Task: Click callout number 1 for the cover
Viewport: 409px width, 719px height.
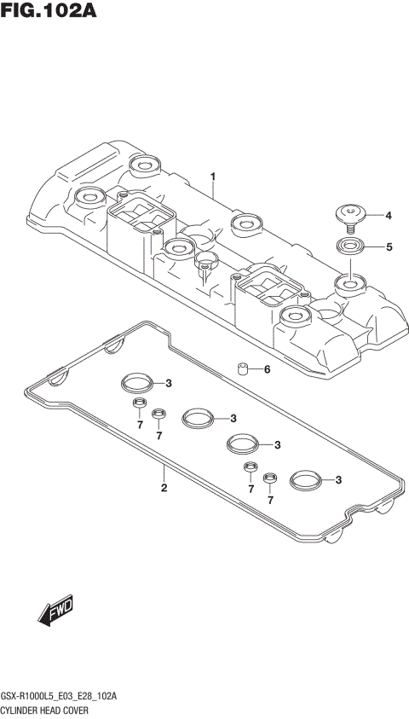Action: point(213,177)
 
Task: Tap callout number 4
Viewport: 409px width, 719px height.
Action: point(389,215)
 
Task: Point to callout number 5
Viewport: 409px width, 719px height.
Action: point(389,247)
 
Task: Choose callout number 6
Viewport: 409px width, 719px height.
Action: point(266,369)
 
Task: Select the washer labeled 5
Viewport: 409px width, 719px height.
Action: point(350,247)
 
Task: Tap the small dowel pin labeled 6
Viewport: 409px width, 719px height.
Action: point(242,370)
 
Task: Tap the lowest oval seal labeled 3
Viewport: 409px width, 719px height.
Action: point(304,480)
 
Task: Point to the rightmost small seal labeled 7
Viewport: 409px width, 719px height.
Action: point(270,478)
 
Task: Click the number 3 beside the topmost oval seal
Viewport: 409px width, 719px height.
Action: point(169,382)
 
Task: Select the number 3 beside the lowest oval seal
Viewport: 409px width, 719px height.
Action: point(338,480)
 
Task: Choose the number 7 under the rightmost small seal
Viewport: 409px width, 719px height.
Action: point(270,500)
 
